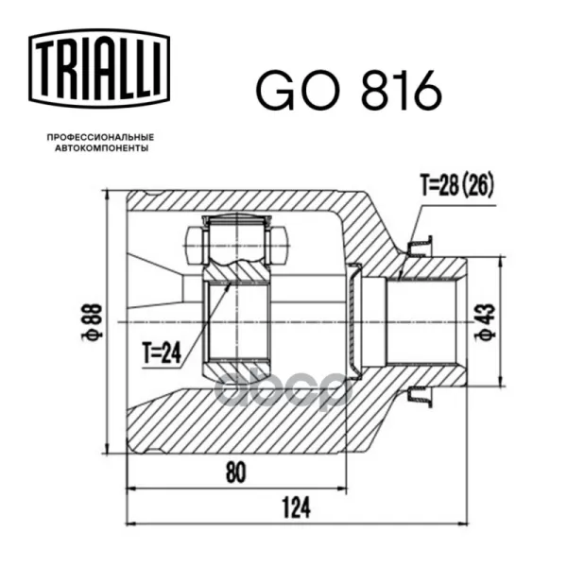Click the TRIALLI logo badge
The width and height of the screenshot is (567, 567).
pos(99,69)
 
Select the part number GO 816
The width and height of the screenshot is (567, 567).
pos(349,92)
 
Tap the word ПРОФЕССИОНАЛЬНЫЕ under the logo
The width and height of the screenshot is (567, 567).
pos(100,137)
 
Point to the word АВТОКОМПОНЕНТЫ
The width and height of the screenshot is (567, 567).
pos(102,148)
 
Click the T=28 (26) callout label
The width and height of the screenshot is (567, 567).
pos(456,186)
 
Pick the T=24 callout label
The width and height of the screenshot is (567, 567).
pos(162,352)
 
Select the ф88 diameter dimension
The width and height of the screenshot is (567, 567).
pos(92,322)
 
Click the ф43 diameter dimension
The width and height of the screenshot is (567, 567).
pos(485,322)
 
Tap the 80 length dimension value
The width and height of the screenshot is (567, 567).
pos(235,472)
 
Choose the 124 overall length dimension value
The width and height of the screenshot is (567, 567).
pos(296,507)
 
